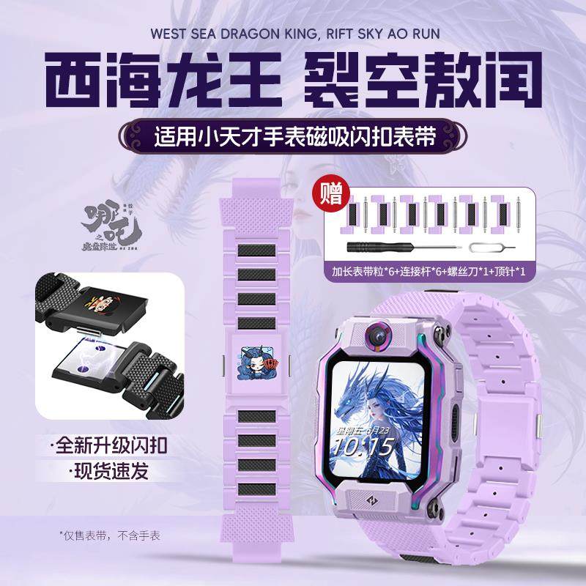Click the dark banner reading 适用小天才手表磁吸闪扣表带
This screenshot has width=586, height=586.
click(x=293, y=136)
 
